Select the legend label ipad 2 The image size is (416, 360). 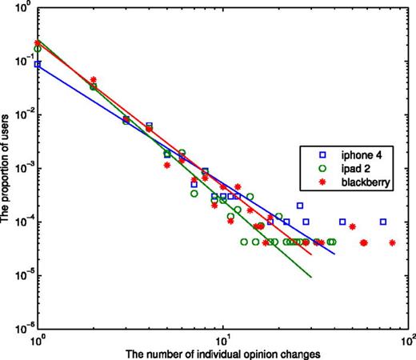point(356,167)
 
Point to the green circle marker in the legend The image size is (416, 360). point(314,167)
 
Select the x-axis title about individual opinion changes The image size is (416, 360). point(224,353)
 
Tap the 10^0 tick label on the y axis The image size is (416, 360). point(23,8)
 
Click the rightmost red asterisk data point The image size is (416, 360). point(392,242)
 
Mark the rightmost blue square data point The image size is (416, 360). point(383,222)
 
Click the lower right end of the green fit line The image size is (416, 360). point(310,278)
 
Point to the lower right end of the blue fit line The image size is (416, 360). point(334,254)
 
